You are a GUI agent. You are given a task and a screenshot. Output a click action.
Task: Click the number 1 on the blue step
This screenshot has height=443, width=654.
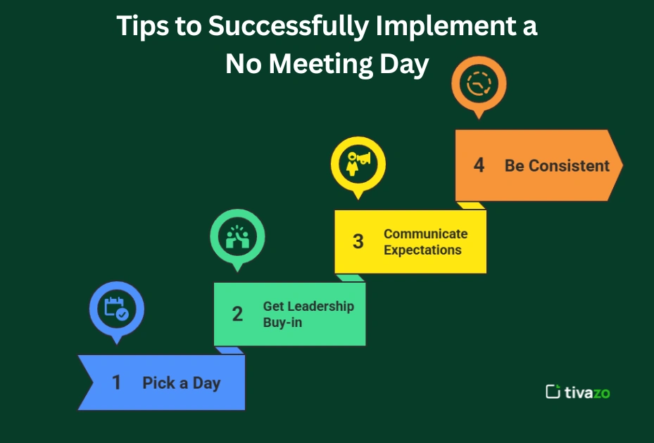pyautogui.click(x=117, y=383)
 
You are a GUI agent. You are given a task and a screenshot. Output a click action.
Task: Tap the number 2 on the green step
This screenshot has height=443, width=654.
pyautogui.click(x=237, y=314)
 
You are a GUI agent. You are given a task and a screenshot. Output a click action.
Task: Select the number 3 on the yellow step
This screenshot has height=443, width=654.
pyautogui.click(x=358, y=241)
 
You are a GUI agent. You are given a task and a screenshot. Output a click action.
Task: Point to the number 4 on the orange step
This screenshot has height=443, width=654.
pyautogui.click(x=479, y=165)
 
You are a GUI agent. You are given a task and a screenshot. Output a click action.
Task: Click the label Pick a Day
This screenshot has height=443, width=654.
pyautogui.click(x=182, y=383)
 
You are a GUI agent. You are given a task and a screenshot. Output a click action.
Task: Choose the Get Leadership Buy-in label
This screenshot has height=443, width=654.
pyautogui.click(x=308, y=314)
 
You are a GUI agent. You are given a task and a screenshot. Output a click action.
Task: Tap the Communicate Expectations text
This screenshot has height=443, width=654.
pyautogui.click(x=425, y=242)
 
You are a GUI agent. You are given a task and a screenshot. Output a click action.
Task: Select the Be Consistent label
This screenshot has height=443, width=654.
pyautogui.click(x=557, y=166)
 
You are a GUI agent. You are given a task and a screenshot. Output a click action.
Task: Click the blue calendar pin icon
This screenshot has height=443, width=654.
pyautogui.click(x=117, y=309)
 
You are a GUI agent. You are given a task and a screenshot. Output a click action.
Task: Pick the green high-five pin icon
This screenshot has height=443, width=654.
pyautogui.click(x=237, y=237)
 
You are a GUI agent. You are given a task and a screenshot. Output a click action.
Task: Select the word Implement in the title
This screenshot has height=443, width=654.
pyautogui.click(x=442, y=27)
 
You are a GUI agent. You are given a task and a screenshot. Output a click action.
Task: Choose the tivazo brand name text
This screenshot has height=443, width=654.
pyautogui.click(x=587, y=392)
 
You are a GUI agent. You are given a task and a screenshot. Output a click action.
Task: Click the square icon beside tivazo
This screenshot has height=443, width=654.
pyautogui.click(x=553, y=392)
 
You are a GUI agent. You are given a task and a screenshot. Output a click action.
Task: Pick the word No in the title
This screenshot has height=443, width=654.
pyautogui.click(x=244, y=65)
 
